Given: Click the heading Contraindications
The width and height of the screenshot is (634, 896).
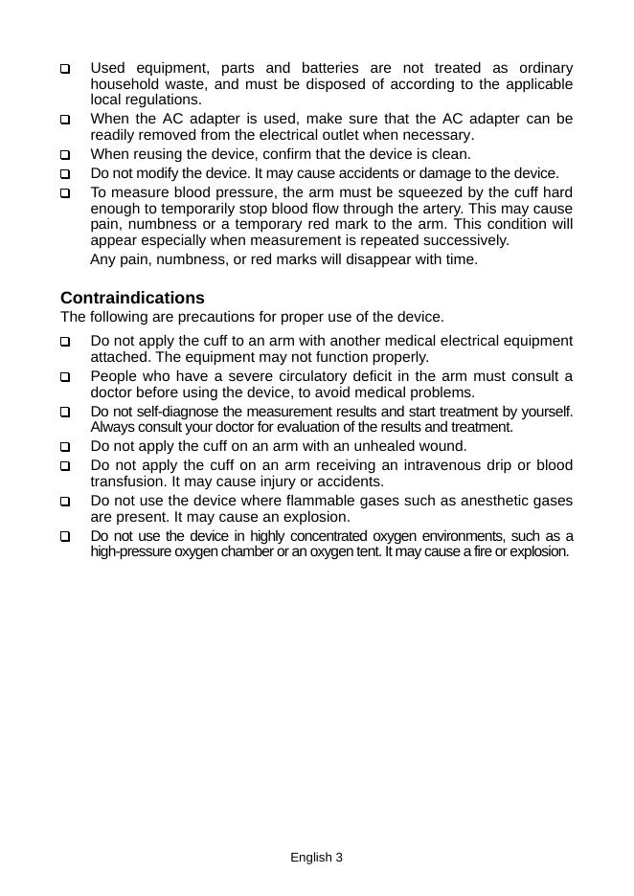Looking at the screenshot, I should click(132, 298).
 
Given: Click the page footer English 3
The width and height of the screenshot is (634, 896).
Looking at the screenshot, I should click(316, 858).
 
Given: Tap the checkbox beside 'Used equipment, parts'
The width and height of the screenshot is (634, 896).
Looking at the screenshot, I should click(65, 69).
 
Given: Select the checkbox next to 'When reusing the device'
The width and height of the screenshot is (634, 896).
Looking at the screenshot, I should click(65, 154).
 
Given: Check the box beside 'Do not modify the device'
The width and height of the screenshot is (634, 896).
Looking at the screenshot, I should click(65, 174).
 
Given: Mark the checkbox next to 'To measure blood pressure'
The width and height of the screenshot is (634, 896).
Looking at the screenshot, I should click(65, 192).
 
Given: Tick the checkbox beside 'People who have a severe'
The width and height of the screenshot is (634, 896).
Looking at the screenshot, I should click(65, 377).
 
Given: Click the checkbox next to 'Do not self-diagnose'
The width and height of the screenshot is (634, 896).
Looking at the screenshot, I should click(65, 412).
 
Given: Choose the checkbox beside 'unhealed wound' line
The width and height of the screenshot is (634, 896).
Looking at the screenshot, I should click(65, 447).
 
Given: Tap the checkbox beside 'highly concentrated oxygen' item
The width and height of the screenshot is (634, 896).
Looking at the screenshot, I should click(65, 537).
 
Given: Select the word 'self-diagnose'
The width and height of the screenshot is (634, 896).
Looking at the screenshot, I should click(179, 412).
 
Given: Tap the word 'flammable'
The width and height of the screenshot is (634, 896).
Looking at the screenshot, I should click(315, 501).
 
